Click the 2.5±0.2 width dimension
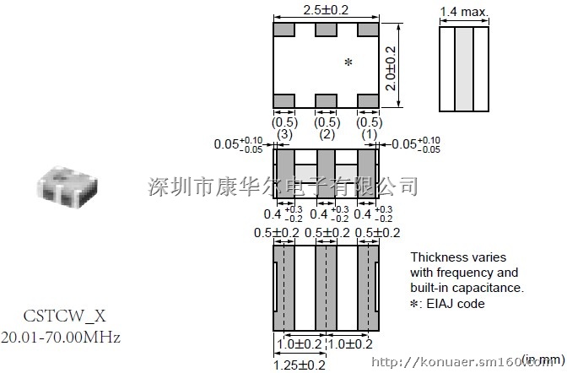[x=325, y=9]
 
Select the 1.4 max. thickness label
[x=464, y=12]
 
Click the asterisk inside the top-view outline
[x=348, y=63]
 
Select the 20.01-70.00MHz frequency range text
[x=61, y=338]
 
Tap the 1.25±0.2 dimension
[x=301, y=364]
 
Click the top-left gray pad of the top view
[x=283, y=30]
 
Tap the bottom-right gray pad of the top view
[x=367, y=101]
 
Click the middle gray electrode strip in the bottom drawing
[x=326, y=287]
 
